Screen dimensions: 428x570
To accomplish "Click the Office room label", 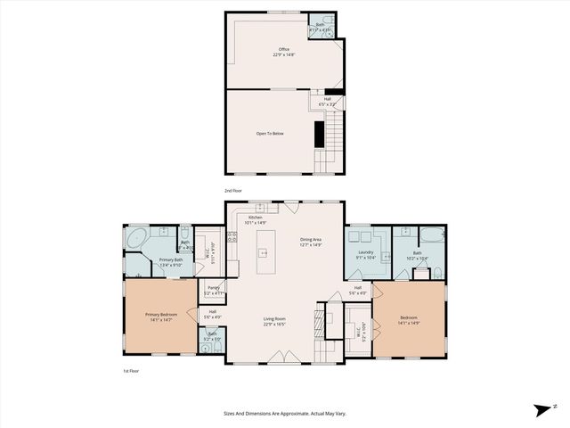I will pyautogui.click(x=284, y=53).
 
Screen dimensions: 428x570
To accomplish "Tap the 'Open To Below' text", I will pyautogui.click(x=270, y=133).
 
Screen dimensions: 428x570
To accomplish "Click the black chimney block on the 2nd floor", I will pyautogui.click(x=317, y=133).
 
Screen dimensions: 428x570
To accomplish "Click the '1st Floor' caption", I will pyautogui.click(x=131, y=371).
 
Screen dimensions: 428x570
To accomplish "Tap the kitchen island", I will pyautogui.click(x=264, y=253).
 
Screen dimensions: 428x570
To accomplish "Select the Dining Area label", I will pyautogui.click(x=312, y=240).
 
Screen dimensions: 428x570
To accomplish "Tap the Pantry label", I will pyautogui.click(x=214, y=290).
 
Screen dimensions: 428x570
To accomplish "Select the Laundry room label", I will pyautogui.click(x=364, y=255).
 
